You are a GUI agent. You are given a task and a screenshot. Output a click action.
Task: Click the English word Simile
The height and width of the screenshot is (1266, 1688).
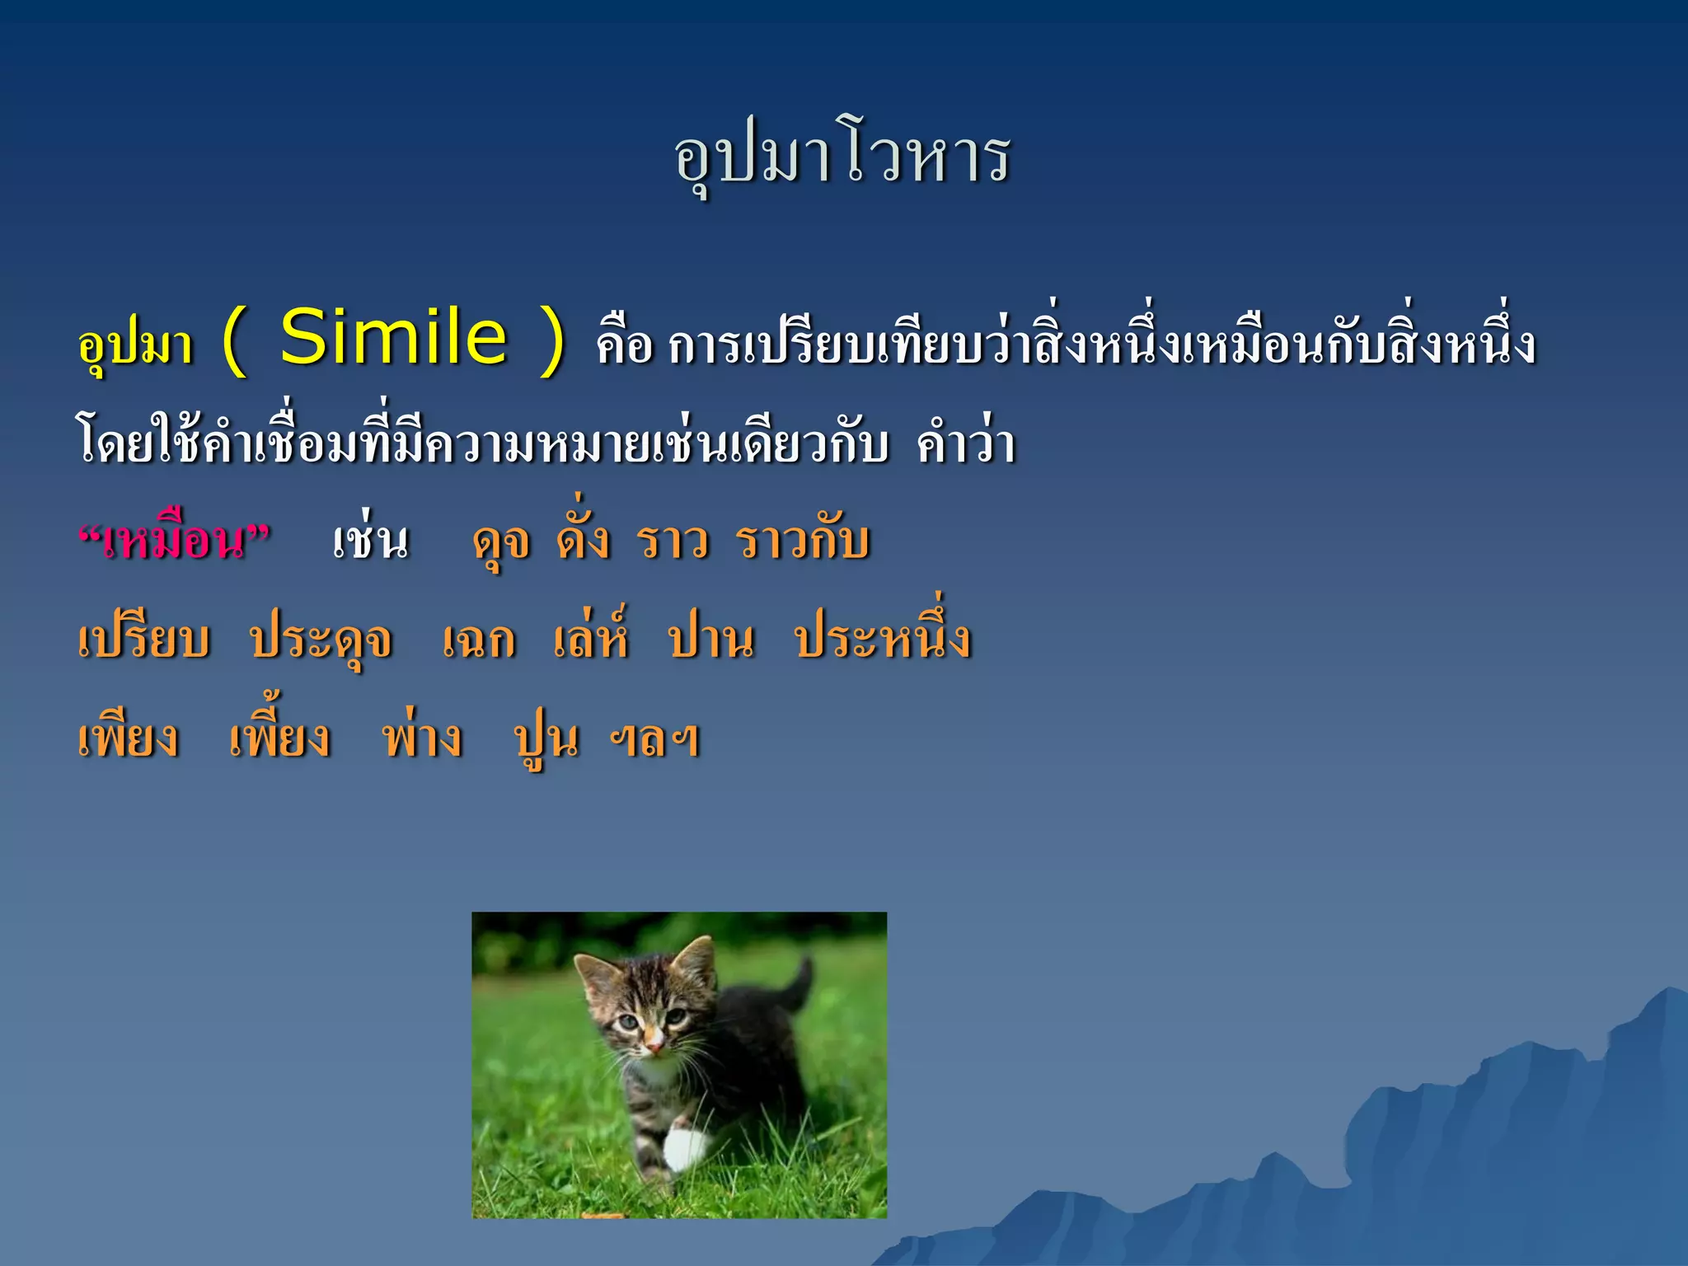click(393, 338)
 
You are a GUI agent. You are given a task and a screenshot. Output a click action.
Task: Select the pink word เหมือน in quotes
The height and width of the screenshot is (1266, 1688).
click(174, 542)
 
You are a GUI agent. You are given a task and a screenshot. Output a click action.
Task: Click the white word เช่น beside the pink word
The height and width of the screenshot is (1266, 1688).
click(371, 542)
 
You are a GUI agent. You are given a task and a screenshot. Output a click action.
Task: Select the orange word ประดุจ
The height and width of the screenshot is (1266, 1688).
click(321, 641)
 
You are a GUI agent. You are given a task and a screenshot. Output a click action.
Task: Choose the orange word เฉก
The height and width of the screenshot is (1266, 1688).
click(479, 641)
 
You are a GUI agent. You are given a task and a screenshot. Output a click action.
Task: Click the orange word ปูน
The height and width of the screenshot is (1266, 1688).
click(546, 739)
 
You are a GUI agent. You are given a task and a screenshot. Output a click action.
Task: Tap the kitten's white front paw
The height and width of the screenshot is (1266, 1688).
click(686, 1148)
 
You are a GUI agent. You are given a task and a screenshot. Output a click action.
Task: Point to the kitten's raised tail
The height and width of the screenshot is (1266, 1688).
click(797, 981)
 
